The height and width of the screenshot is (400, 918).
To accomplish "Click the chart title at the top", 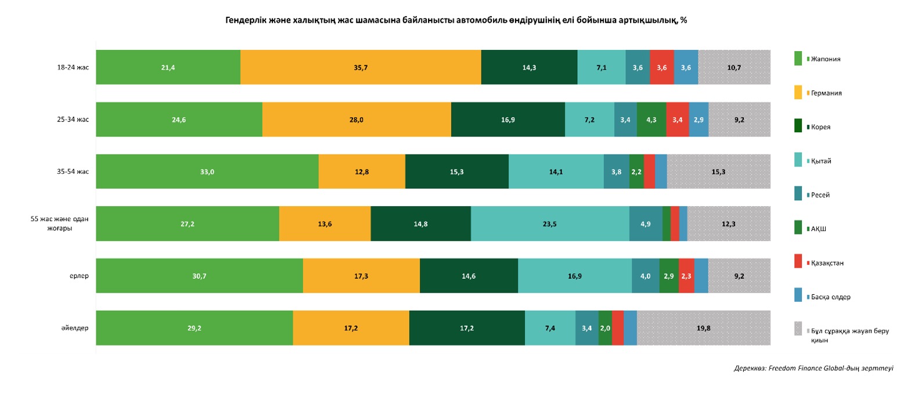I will point(456,20).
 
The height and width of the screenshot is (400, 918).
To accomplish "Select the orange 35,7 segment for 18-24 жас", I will point(361,67).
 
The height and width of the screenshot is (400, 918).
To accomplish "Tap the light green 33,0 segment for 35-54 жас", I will point(207,172).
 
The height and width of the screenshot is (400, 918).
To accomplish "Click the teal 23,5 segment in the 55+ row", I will point(550,224).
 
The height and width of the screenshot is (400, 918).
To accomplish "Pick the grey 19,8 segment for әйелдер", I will point(703,328).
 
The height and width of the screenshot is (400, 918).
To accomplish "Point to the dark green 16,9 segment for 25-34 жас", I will point(508,120).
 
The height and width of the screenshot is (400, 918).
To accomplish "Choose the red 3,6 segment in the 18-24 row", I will point(662,67).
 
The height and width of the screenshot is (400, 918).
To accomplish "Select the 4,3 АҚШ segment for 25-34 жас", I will point(651,120).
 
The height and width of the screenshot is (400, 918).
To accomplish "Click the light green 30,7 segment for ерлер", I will point(199,276).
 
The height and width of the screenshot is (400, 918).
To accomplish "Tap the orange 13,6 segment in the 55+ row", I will point(325,224).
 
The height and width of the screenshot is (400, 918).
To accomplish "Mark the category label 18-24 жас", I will point(73,67).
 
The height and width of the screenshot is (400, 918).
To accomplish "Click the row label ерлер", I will point(79,276).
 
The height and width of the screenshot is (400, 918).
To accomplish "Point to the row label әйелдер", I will point(75,328).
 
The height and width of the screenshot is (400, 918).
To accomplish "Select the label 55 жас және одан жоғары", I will point(60,224).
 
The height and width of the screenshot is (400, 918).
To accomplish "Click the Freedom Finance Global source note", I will point(813,368).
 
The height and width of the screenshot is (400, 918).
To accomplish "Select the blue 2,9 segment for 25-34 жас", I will point(699,120).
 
